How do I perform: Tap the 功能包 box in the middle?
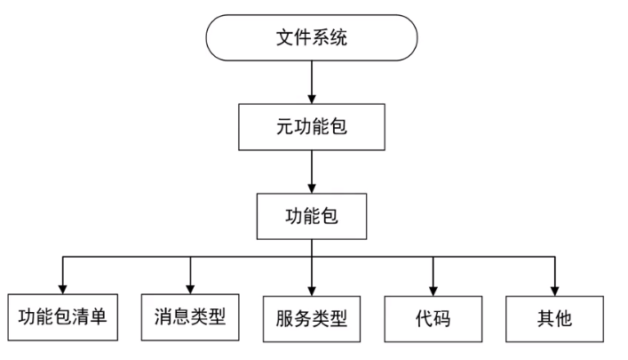(311, 216)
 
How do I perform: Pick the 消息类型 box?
(189, 316)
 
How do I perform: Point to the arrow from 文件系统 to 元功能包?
(311, 84)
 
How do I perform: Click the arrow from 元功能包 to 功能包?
(311, 172)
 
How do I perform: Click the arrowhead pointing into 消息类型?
(189, 285)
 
